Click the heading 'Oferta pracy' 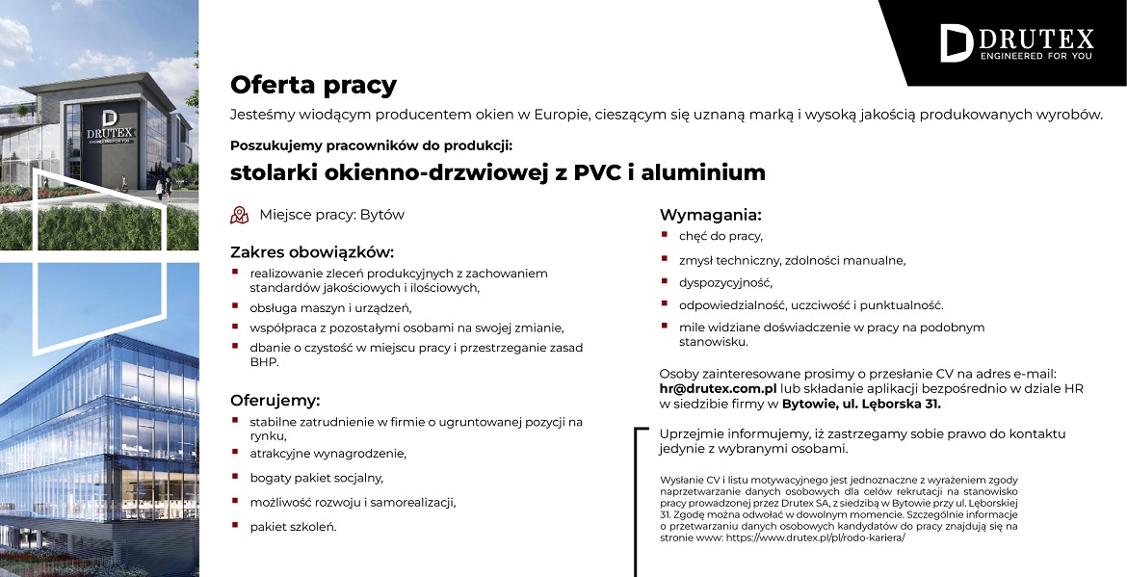coord(313,86)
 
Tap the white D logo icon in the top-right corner coord(956,43)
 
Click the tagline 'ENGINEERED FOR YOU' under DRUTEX coord(1035,56)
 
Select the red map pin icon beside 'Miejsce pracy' coord(239,215)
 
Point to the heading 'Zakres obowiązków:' coord(312,252)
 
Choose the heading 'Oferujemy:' coord(275,400)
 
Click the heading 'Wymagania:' coord(710,214)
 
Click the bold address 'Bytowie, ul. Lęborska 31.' coord(861,404)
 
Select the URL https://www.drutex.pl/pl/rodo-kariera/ coord(816,538)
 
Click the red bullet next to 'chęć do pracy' coord(665,234)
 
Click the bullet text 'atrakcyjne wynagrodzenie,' coord(328,453)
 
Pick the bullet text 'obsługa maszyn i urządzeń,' coord(330,307)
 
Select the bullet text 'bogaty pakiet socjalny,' coord(316,477)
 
